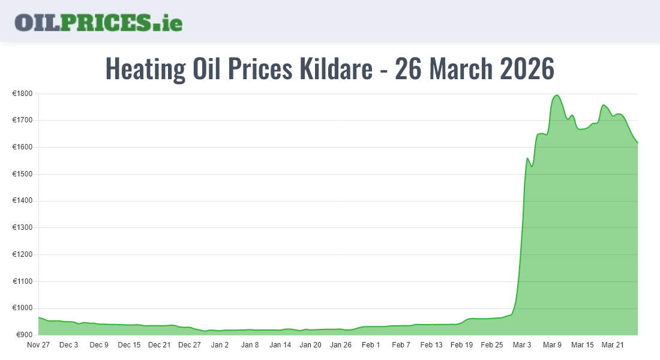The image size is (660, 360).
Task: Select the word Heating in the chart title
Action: click(145, 69)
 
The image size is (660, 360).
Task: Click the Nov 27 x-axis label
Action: click(38, 345)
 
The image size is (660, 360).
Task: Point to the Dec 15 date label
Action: click(129, 345)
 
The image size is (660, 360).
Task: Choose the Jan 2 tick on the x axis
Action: click(220, 345)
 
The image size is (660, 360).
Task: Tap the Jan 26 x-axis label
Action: click(341, 345)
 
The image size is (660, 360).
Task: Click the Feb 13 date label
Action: click(431, 345)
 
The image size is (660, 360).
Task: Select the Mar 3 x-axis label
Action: click(522, 345)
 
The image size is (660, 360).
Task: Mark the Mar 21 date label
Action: click(613, 345)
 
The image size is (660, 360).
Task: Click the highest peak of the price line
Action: click(557, 95)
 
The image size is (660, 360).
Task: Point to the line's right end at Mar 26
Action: click(638, 143)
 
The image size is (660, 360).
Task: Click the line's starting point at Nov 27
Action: click(38, 317)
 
